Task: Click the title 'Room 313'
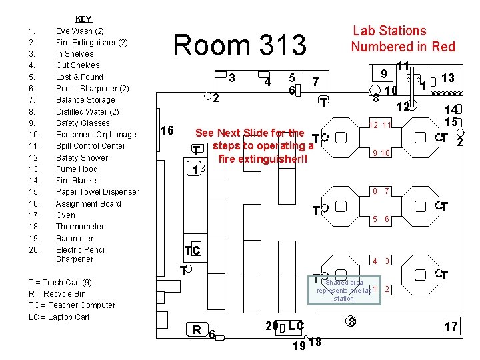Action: [x=239, y=45]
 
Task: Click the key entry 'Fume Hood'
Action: [x=77, y=169]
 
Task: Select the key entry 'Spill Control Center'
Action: [x=90, y=146]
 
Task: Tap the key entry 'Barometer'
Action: [x=75, y=239]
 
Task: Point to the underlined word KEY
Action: [x=83, y=19]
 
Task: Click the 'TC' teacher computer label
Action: [x=192, y=251]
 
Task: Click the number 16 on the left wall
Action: [x=168, y=130]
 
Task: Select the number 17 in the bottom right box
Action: [x=451, y=326]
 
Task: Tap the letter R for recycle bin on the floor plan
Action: [x=197, y=329]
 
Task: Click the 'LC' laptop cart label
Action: [x=296, y=325]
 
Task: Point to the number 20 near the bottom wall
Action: [x=271, y=325]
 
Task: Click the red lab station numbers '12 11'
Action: [x=380, y=125]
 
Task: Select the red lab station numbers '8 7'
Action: [x=381, y=191]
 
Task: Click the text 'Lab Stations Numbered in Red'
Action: [x=403, y=39]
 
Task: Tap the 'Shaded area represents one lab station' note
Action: [x=345, y=290]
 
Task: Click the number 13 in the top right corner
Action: [x=447, y=78]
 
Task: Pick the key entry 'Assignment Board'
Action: [x=88, y=204]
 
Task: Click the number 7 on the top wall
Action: [x=316, y=81]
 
